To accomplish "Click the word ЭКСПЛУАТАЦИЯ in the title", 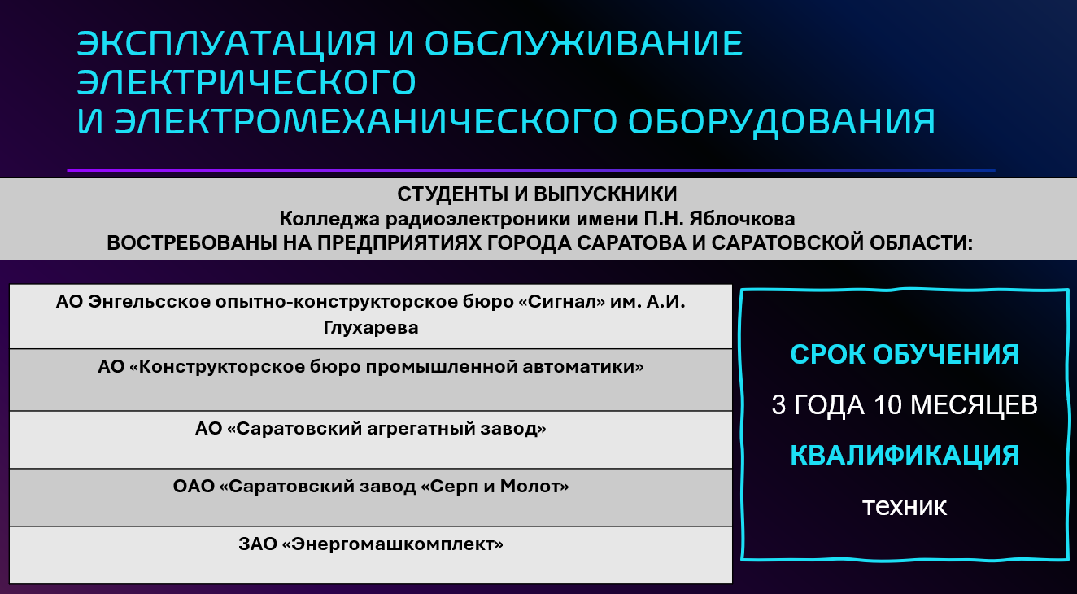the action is pyautogui.click(x=226, y=43).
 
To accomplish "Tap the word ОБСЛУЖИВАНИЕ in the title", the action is pyautogui.click(x=584, y=43).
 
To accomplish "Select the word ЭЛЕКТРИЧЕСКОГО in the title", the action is pyautogui.click(x=246, y=82).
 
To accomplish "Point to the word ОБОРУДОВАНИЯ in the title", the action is pyautogui.click(x=781, y=122).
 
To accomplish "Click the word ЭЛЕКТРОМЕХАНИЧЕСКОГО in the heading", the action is pyautogui.click(x=366, y=120).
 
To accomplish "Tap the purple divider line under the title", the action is pyautogui.click(x=531, y=170).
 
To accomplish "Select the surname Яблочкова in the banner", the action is pyautogui.click(x=742, y=220).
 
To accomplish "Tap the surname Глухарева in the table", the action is pyautogui.click(x=371, y=328).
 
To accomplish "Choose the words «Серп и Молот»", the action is pyautogui.click(x=495, y=487).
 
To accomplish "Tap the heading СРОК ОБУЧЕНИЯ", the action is pyautogui.click(x=905, y=355).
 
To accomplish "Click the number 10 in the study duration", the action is pyautogui.click(x=887, y=404).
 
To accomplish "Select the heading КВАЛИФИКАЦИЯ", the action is pyautogui.click(x=905, y=456).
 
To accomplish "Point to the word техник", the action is pyautogui.click(x=905, y=506).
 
